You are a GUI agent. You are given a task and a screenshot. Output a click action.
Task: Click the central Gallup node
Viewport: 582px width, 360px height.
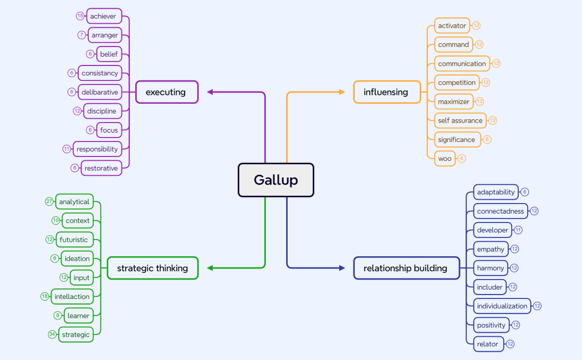tap(276, 180)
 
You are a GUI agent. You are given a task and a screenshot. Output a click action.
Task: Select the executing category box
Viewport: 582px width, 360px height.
tap(167, 92)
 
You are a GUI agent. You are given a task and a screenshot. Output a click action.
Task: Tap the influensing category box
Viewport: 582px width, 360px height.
tap(386, 92)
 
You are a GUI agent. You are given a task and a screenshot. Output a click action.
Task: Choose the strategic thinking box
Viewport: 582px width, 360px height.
tap(152, 268)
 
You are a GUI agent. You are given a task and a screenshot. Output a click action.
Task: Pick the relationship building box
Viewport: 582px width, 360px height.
tap(406, 268)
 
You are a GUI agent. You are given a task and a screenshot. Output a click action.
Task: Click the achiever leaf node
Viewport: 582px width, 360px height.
tap(104, 16)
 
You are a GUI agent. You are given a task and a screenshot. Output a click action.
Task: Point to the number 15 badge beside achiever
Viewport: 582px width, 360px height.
tap(80, 16)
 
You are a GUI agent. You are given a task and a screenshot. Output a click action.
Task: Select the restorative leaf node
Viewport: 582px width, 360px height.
tap(101, 168)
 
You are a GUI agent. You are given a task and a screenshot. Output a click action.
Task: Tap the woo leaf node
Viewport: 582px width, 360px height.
tap(445, 159)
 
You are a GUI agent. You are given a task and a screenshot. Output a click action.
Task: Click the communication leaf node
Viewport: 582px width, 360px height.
tap(462, 64)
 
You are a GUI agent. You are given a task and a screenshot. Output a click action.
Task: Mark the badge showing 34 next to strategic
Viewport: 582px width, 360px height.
tap(52, 334)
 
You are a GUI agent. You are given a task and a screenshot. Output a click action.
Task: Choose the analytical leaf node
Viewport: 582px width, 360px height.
tap(74, 202)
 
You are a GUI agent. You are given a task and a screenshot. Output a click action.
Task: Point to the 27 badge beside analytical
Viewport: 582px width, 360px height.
tap(49, 201)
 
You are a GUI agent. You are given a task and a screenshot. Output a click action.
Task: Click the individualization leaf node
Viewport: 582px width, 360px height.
tap(502, 306)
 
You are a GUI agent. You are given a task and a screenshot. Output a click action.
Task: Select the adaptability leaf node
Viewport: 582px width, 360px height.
tap(496, 192)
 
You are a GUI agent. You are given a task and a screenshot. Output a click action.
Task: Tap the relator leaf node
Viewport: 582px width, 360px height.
tap(488, 344)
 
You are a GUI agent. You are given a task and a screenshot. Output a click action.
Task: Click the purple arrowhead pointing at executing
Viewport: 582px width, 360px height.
tap(211, 92)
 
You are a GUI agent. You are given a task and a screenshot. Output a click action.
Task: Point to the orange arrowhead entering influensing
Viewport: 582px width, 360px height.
tap(342, 92)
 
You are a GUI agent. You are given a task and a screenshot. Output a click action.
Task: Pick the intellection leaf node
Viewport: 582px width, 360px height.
tap(72, 297)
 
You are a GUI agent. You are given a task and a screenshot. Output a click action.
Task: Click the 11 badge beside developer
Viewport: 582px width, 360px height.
tap(518, 230)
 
